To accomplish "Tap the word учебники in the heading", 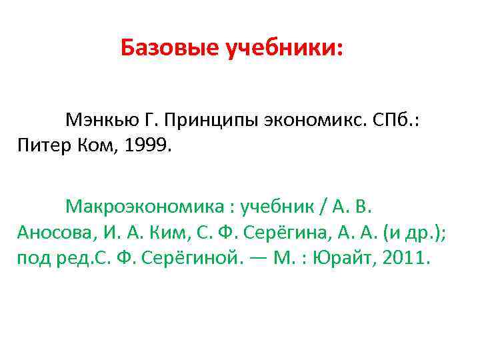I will pos(284,48).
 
